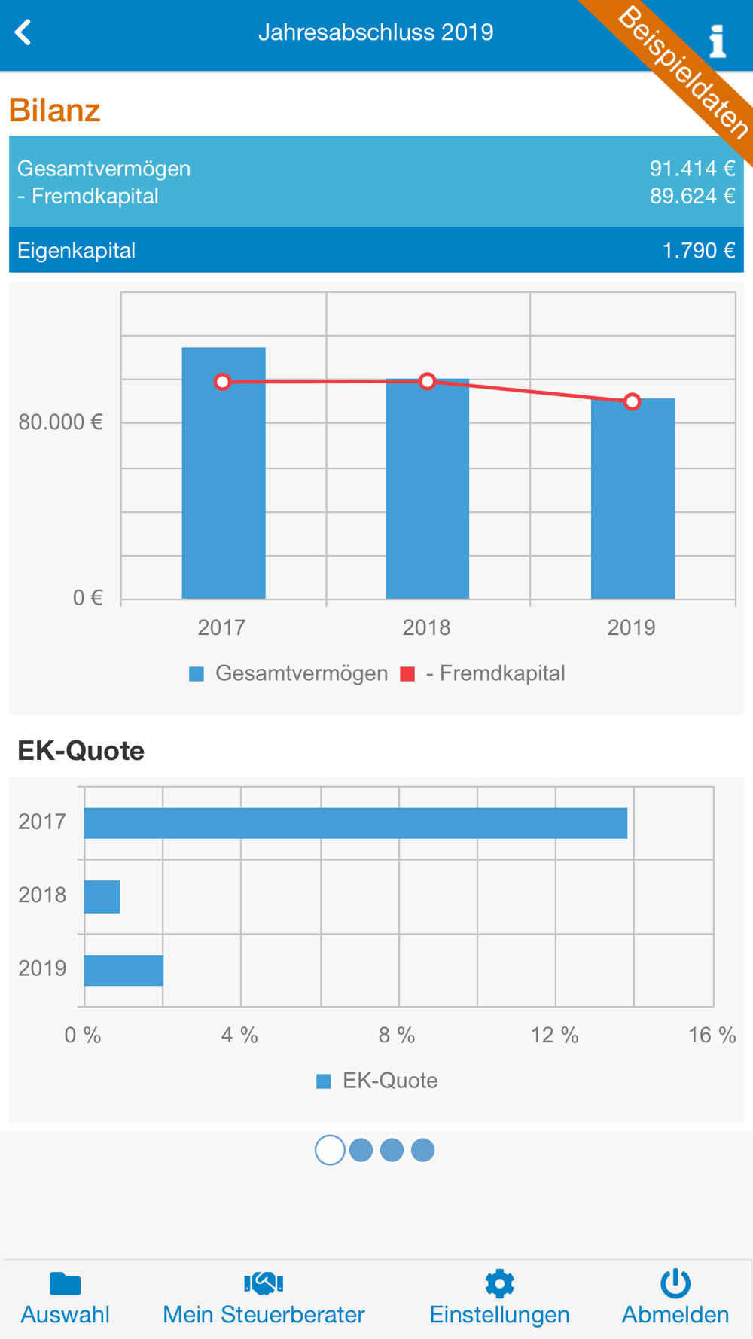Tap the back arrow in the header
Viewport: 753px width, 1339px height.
tap(23, 32)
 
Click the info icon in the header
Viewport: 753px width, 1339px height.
tap(718, 41)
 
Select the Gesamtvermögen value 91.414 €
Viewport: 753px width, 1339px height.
tap(692, 169)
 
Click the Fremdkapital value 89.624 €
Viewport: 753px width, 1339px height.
tap(692, 197)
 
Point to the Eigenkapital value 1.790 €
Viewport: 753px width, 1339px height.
tap(698, 251)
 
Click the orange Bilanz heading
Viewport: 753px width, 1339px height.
tap(54, 111)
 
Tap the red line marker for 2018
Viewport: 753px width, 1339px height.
tap(428, 381)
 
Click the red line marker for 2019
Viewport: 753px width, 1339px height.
tap(633, 401)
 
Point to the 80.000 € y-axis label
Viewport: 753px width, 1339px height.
tap(60, 422)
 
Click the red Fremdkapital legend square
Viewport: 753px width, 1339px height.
tap(407, 674)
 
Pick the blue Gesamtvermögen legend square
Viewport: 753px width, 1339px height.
tap(197, 674)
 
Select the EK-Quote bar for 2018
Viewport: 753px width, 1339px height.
tap(102, 896)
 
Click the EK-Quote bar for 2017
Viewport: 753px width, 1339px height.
tap(355, 823)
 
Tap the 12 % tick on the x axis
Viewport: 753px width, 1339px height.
tap(555, 1036)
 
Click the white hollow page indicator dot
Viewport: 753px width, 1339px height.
tap(330, 1150)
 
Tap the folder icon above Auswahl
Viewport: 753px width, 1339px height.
tap(66, 1283)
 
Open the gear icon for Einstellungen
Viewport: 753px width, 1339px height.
tap(499, 1283)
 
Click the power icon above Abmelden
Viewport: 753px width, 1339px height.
tap(675, 1283)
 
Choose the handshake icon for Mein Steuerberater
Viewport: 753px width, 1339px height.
tap(264, 1283)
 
